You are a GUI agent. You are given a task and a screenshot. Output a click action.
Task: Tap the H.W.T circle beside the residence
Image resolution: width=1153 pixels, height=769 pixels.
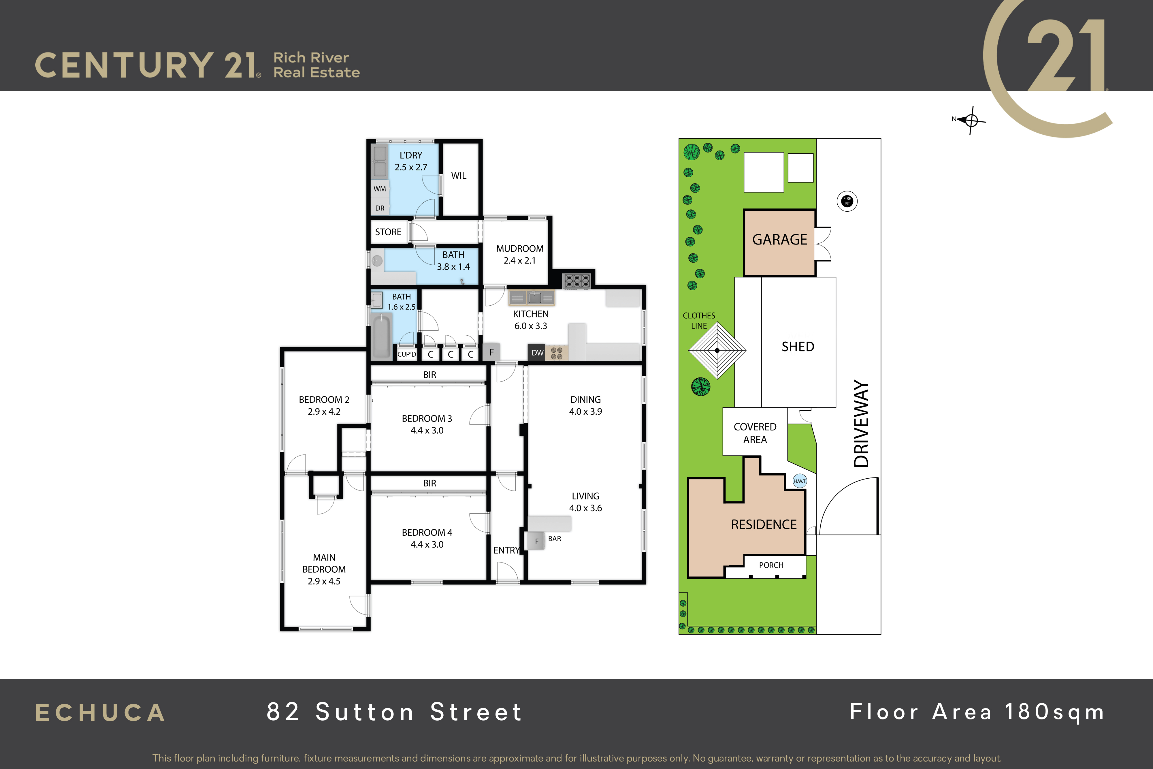pos(800,481)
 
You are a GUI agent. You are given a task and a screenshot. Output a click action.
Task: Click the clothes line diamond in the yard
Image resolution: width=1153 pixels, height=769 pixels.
pos(717,350)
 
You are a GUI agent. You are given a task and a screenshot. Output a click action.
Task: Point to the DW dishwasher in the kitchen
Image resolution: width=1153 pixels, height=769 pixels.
pos(537,353)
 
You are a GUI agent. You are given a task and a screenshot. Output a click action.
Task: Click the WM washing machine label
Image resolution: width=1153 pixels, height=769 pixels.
pos(379,189)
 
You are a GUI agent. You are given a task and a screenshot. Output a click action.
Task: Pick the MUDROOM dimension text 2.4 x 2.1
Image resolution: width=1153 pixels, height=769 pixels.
pos(520,260)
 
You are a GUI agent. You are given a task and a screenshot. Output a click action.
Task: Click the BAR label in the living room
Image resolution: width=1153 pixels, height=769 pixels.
pos(554,539)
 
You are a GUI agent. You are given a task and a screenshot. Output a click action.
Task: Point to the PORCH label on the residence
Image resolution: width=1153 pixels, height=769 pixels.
pos(771,565)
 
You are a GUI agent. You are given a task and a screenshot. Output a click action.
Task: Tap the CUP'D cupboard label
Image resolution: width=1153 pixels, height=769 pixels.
pos(406,354)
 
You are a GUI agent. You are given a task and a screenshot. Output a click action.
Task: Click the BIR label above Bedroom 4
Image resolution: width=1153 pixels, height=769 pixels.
pos(429,483)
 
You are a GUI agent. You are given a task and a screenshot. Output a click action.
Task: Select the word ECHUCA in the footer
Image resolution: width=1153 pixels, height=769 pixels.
pos(101,713)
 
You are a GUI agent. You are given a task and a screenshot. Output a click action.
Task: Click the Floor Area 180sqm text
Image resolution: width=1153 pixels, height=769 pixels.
pos(977,712)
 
